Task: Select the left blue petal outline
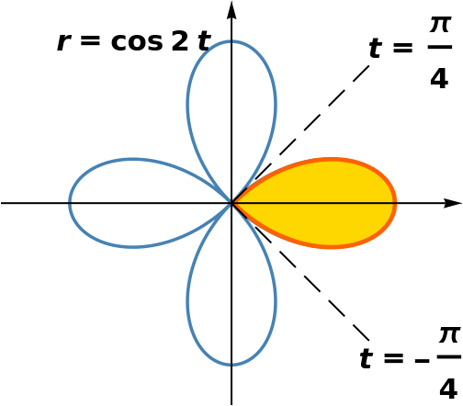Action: pyautogui.click(x=70, y=203)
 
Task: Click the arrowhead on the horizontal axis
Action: pyautogui.click(x=453, y=203)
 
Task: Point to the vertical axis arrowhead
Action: pyautogui.click(x=231, y=11)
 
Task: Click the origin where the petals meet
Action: pyautogui.click(x=231, y=203)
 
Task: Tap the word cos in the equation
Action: pyautogui.click(x=137, y=41)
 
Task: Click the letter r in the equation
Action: pyautogui.click(x=63, y=42)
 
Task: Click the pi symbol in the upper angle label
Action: pyautogui.click(x=440, y=24)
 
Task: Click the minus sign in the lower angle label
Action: pyautogui.click(x=422, y=361)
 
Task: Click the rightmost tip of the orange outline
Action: pyautogui.click(x=397, y=203)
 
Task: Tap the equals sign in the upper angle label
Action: pyautogui.click(x=403, y=48)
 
